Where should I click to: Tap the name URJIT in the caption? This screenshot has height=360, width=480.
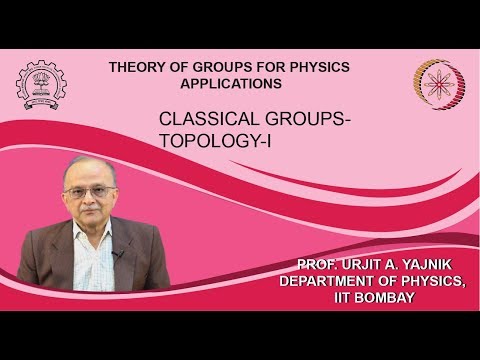coord(359,263)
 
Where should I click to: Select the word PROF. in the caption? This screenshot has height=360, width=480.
coord(314,263)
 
